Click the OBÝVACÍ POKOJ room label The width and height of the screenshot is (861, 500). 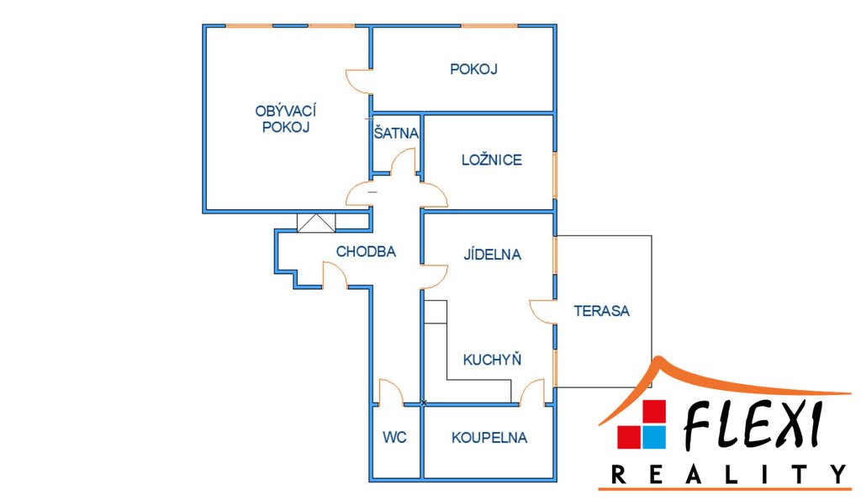pos(286,119)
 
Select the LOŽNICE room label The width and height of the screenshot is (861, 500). pos(492,160)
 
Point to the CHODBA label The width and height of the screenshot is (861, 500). pos(366,250)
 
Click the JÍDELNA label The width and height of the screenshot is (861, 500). pos(493,254)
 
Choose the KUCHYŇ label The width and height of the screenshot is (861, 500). pos(493,360)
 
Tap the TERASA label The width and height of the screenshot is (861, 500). pos(602,310)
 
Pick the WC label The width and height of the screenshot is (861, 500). pos(394,437)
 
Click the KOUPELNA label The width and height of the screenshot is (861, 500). pos(489,437)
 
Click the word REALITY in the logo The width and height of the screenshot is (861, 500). pos(728,475)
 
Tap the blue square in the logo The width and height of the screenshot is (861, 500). pos(653,437)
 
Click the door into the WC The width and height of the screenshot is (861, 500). pos(392,392)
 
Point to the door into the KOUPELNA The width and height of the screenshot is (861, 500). pos(531,392)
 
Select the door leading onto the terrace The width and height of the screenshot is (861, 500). pos(541,310)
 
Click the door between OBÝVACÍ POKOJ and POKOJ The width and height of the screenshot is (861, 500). pos(359,81)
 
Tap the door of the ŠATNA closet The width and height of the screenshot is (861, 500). pos(404,161)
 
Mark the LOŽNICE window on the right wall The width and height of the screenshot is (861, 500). pos(554,175)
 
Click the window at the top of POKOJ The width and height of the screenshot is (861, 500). pos(489,26)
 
